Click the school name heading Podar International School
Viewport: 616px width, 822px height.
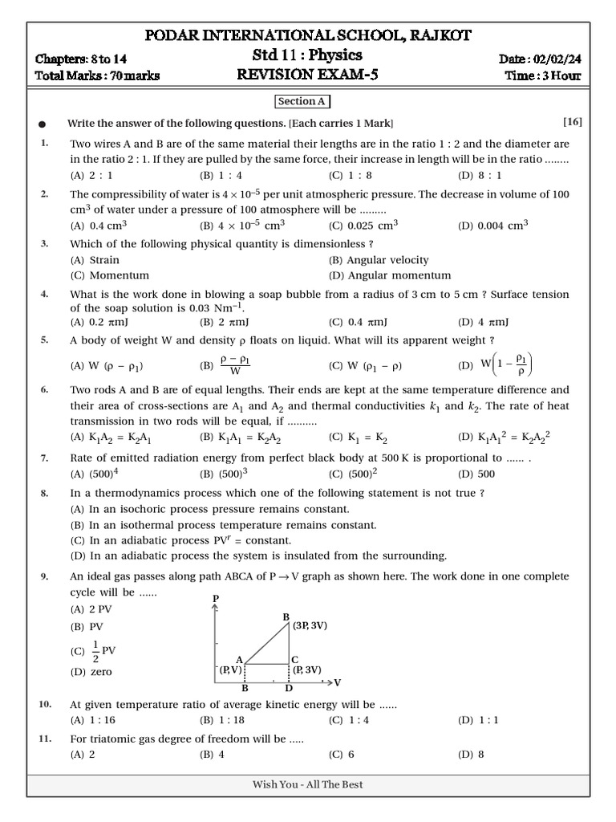click(x=307, y=35)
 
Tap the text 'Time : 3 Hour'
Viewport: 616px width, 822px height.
click(x=543, y=76)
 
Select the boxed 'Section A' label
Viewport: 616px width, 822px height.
click(x=302, y=102)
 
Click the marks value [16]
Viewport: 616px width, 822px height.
click(x=572, y=122)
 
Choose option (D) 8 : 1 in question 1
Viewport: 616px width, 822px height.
click(x=480, y=175)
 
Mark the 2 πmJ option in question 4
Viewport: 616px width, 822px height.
click(x=221, y=322)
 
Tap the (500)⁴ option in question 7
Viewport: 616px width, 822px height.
click(x=95, y=474)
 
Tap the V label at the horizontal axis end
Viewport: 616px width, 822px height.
click(x=337, y=682)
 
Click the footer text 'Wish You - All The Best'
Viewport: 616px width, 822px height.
click(x=308, y=784)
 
